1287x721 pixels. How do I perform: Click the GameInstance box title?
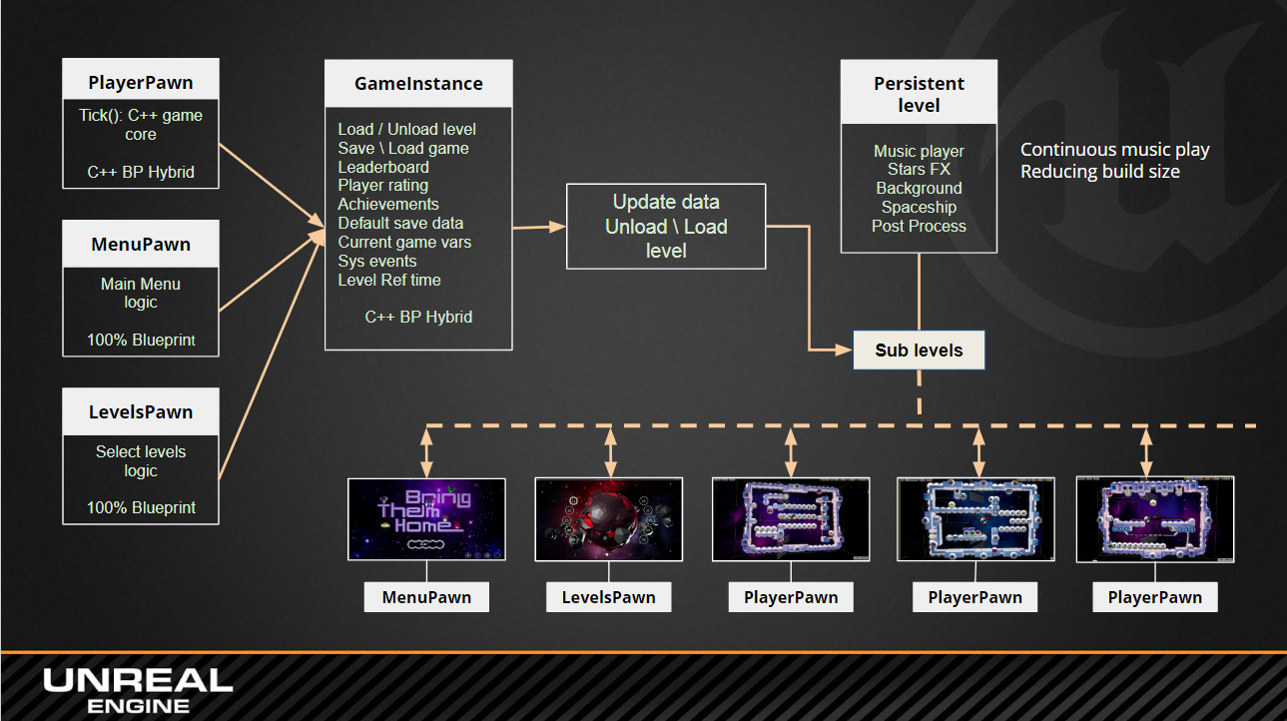coord(418,84)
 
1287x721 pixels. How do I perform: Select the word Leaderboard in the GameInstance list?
coord(383,167)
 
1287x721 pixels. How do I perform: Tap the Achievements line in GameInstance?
coord(388,205)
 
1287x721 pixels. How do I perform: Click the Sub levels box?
coord(919,351)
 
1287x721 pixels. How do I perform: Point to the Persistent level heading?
coord(919,95)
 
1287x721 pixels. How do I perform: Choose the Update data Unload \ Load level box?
coord(666,227)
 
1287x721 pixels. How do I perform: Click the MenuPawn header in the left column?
coord(141,245)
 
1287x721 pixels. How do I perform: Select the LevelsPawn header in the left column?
coord(141,412)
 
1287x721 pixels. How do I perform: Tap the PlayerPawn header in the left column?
coord(141,82)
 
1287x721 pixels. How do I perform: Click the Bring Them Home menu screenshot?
coord(426,518)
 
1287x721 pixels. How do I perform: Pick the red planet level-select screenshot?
coord(609,518)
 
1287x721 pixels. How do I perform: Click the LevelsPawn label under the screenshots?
coord(609,598)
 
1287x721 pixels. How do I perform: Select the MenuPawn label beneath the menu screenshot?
coord(426,598)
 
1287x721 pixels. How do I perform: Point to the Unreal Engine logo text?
coord(138,690)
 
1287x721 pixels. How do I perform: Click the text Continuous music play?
coord(1114,150)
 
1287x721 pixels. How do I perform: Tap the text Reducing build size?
coord(1099,172)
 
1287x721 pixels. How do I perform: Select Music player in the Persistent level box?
coord(919,151)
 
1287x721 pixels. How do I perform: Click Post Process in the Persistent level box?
coord(919,226)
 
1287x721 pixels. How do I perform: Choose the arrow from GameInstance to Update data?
coord(539,228)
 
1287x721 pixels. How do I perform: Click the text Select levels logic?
coord(141,460)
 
